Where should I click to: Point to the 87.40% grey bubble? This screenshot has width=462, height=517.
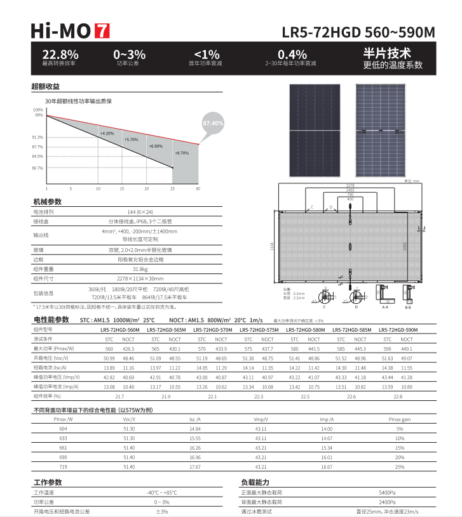[x=213, y=122]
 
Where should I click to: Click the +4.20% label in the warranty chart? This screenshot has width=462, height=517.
[x=107, y=133]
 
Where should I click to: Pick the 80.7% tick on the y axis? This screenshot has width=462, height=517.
[x=37, y=168]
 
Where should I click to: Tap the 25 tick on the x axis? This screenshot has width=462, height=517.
[x=172, y=189]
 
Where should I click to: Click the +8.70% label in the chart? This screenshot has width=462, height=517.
[x=182, y=153]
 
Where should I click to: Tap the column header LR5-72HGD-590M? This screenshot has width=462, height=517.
[x=398, y=330]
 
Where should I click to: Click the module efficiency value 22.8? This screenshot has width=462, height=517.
[x=398, y=396]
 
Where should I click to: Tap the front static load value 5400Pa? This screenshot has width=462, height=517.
[x=387, y=492]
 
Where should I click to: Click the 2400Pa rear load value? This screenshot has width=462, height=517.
[x=387, y=502]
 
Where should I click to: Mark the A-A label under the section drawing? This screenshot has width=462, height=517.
[x=384, y=307]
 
